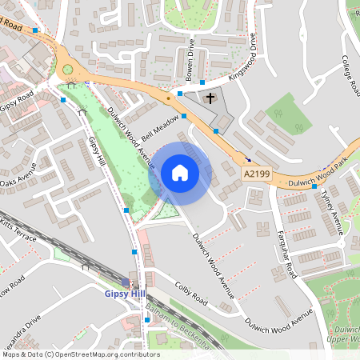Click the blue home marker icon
[x=180, y=173]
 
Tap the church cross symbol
[x=210, y=98]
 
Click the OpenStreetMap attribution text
[x=80, y=354]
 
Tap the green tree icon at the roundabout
[x=68, y=69]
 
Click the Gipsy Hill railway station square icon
[x=127, y=282]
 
